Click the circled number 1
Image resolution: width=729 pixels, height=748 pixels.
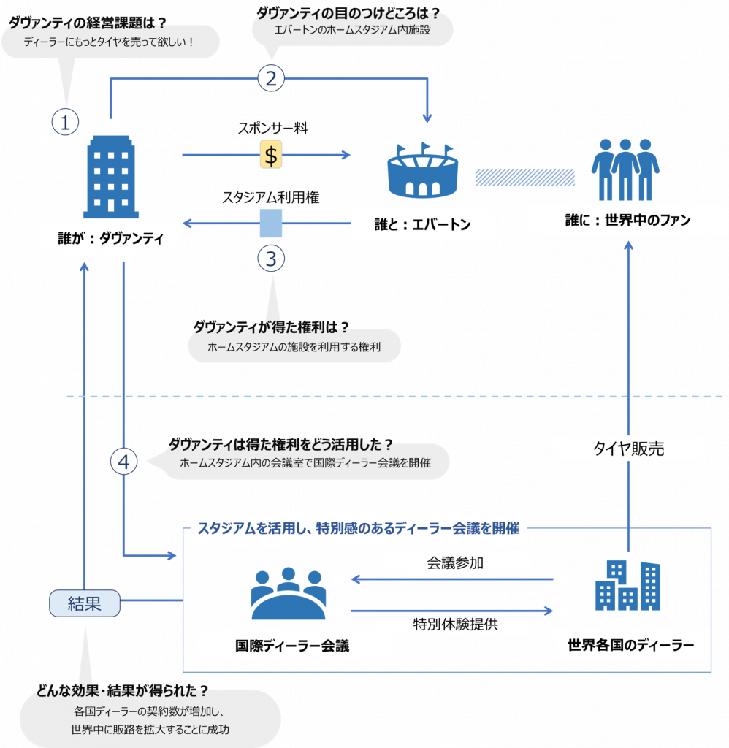click(x=65, y=122)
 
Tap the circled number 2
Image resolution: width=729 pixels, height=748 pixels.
click(x=271, y=78)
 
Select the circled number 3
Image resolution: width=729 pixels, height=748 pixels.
click(x=271, y=259)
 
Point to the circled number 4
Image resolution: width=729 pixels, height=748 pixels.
click(x=124, y=462)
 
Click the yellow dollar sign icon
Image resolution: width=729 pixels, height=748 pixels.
click(x=271, y=154)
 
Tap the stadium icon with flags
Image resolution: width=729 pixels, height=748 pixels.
click(x=423, y=169)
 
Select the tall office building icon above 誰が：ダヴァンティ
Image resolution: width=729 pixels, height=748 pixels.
click(x=111, y=177)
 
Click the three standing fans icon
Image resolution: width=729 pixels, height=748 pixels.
click(x=625, y=169)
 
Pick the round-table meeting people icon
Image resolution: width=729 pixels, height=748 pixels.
click(x=288, y=593)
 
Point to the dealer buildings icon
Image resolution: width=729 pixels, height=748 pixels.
click(x=628, y=585)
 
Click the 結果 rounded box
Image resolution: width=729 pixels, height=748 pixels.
click(x=85, y=603)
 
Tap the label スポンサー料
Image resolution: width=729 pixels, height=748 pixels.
click(x=272, y=128)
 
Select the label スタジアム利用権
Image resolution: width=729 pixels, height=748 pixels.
click(x=270, y=197)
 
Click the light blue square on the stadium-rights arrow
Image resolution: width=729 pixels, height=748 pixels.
click(x=271, y=223)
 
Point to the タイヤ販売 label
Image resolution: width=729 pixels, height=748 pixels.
click(x=628, y=449)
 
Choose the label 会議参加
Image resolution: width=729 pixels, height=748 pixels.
click(x=455, y=563)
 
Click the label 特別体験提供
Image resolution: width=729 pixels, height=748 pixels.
click(x=455, y=624)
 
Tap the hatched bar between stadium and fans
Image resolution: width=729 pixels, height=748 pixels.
click(x=524, y=178)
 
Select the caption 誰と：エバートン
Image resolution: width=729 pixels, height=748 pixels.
click(x=422, y=224)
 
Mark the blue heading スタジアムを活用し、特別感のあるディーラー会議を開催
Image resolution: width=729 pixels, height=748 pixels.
click(x=359, y=528)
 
